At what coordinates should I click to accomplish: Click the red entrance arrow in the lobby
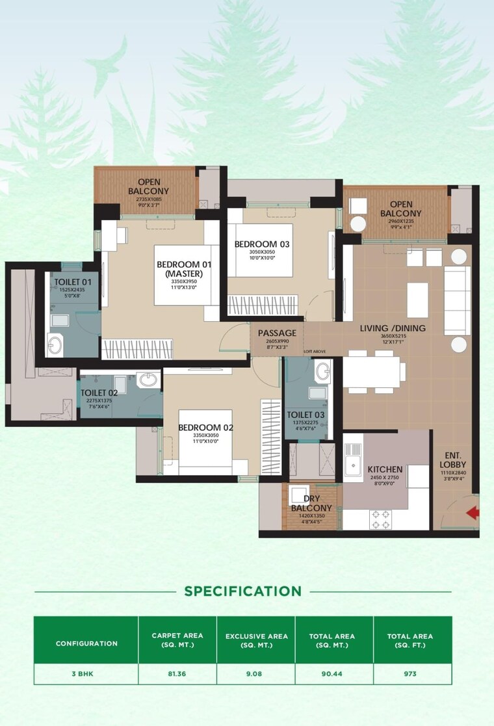point(473,513)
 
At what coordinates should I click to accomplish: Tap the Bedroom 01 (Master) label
point(181,269)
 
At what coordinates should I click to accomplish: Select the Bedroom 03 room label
point(261,244)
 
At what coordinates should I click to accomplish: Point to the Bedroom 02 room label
point(205,428)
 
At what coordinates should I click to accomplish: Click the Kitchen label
point(385,469)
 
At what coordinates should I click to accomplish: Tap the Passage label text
point(278,333)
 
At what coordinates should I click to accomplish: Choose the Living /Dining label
point(393,328)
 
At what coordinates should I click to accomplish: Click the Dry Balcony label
point(311,503)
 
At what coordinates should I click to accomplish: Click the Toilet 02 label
point(99,393)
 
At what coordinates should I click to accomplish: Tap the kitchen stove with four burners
point(381,517)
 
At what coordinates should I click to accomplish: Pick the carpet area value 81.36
point(177,673)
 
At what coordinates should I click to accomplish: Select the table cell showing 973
point(412,673)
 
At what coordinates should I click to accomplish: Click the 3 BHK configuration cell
point(86,673)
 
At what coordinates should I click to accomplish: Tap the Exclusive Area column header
point(255,640)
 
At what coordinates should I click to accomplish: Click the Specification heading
point(242,591)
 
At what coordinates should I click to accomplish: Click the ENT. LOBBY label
point(454,460)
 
